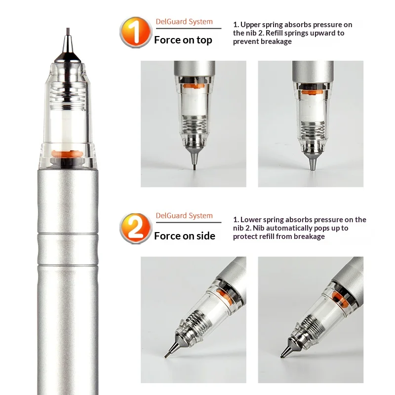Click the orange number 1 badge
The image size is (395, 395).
tap(136, 32)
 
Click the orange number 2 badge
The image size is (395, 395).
tap(136, 228)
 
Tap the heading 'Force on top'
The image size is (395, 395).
tap(183, 40)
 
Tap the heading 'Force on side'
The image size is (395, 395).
tap(185, 236)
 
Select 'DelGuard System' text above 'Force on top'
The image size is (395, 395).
tap(184, 22)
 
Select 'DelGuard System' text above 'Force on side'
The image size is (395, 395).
tap(184, 216)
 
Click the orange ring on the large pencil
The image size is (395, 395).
tap(67, 154)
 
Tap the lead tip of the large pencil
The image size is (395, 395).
tap(68, 32)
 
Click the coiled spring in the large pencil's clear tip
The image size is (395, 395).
tap(68, 96)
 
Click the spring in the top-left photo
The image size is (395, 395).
tap(194, 124)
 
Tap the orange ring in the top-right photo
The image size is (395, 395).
tap(312, 92)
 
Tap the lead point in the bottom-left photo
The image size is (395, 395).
tap(165, 356)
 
